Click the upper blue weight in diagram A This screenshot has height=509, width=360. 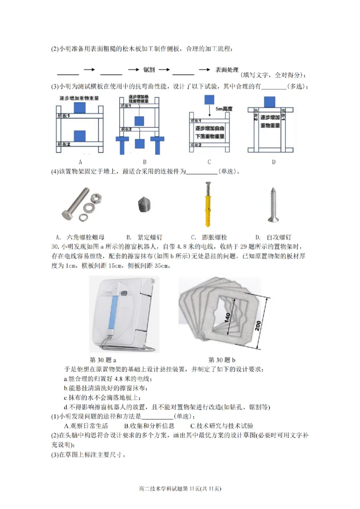coord(79,107)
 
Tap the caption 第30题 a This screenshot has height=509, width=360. coord(103,360)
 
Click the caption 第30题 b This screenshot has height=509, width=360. coord(222,360)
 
